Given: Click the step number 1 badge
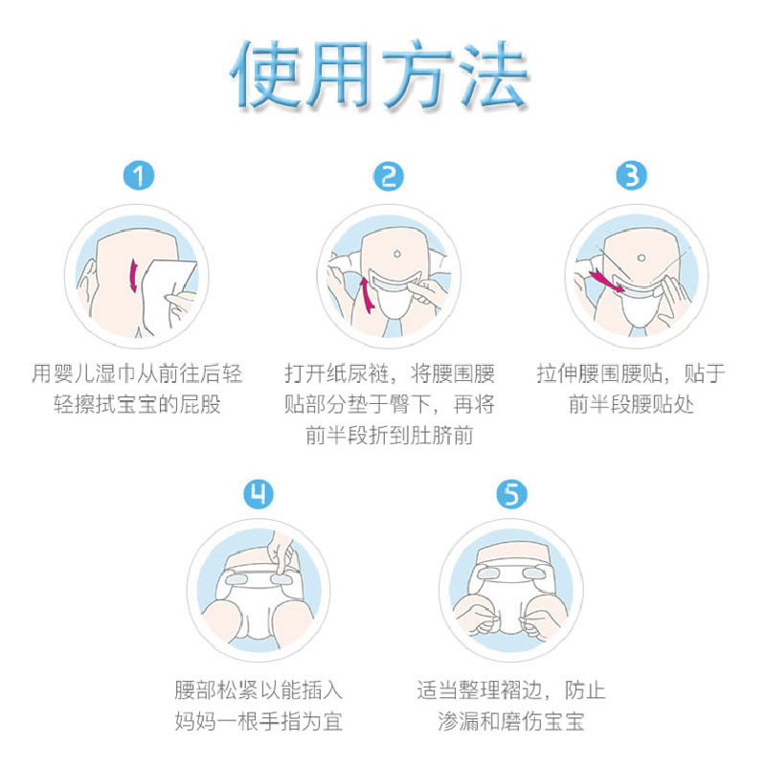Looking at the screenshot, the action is click(139, 176).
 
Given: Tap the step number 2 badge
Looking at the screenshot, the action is click(389, 176).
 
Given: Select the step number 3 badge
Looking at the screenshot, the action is click(631, 176).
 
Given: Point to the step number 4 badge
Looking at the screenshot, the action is click(259, 494).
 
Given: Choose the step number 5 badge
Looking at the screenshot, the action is click(511, 494).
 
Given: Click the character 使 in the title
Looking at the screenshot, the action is click(266, 75).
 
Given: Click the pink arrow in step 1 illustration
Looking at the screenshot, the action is click(133, 276).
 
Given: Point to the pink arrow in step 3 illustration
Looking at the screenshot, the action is click(607, 282).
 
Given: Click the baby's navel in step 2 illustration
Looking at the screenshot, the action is click(397, 254).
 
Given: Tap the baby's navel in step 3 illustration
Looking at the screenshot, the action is click(642, 258).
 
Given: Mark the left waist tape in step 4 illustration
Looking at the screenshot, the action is click(237, 579).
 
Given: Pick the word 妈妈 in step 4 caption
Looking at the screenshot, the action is click(195, 721).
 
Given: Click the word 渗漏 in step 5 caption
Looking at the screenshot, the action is click(458, 721).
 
